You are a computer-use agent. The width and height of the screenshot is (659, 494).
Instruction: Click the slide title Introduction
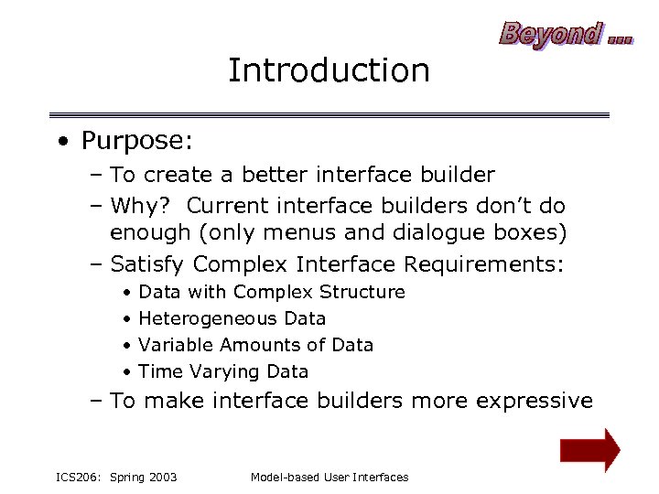pos(329,70)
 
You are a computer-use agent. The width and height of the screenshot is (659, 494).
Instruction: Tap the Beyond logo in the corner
pos(565,34)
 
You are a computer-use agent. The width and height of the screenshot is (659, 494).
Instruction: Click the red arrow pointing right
pos(589,450)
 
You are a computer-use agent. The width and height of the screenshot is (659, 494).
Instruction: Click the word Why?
pos(144,205)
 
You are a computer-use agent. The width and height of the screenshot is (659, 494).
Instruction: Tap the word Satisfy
pos(148,264)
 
